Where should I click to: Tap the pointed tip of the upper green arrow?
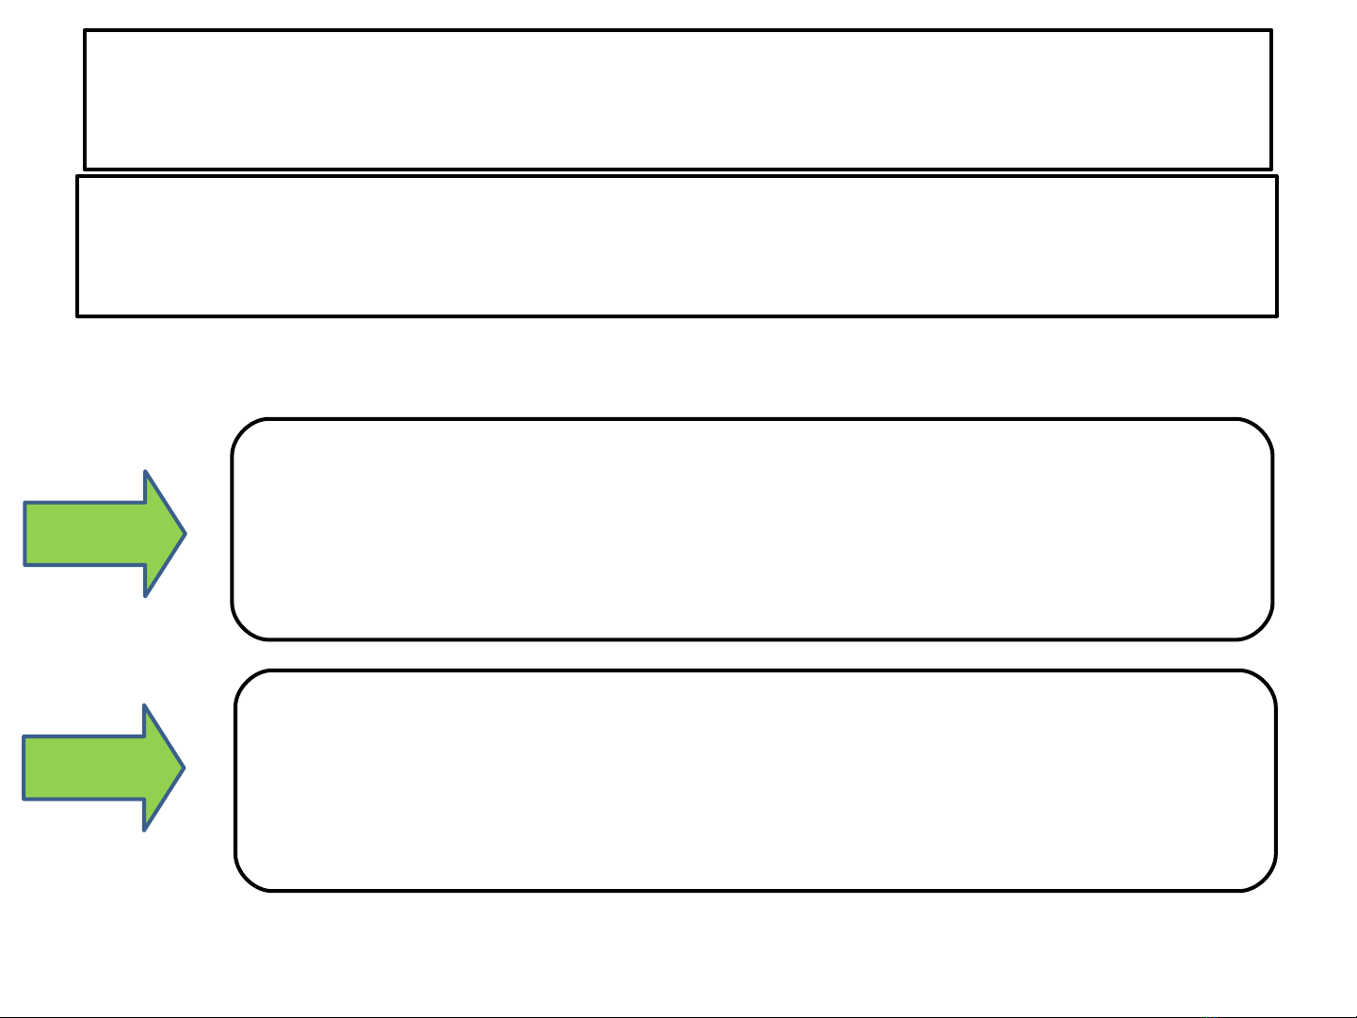point(184,534)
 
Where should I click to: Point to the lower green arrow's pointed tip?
point(183,768)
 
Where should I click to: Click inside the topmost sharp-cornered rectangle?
point(678,100)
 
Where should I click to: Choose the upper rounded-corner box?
point(752,529)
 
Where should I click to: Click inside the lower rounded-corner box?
point(755,781)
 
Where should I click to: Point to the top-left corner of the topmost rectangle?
point(86,31)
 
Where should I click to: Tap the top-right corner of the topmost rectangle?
point(1270,31)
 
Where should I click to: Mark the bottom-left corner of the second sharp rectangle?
point(78,315)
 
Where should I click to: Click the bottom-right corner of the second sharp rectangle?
point(1276,315)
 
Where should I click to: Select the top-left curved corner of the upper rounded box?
point(243,430)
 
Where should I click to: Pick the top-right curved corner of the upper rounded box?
point(1262,430)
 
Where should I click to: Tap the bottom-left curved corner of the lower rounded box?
point(247,879)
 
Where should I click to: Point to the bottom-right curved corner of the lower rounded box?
point(1265,879)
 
